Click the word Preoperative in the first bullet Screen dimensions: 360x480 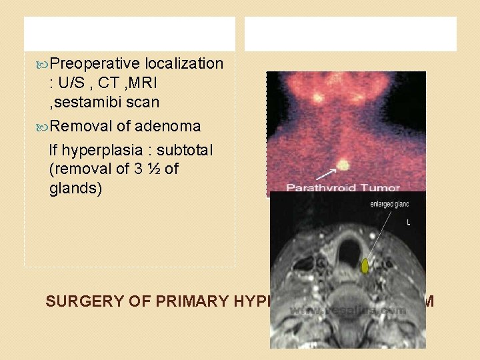tap(95, 64)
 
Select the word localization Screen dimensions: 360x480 tap(184, 64)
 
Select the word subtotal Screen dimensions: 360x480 tap(186, 151)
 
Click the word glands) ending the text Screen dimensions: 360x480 tap(75, 189)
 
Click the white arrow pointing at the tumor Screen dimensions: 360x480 tap(326, 175)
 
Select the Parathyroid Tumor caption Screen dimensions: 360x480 tap(343, 189)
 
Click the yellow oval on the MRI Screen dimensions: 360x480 tap(365, 266)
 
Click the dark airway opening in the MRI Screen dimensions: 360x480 tap(348, 252)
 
